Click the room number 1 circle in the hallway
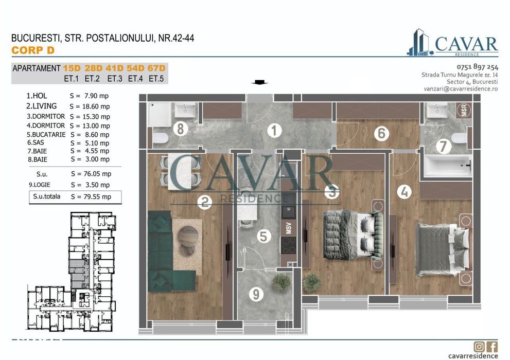[x=274, y=131]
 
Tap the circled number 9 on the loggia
[x=256, y=295]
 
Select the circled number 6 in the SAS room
[x=381, y=134]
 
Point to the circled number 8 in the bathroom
[x=179, y=129]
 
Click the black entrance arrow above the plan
[x=259, y=82]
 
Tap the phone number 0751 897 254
[x=477, y=67]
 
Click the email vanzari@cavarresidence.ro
[x=461, y=88]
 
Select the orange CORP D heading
[x=32, y=50]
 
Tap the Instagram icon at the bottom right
[x=479, y=346]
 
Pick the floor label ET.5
[x=156, y=79]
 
